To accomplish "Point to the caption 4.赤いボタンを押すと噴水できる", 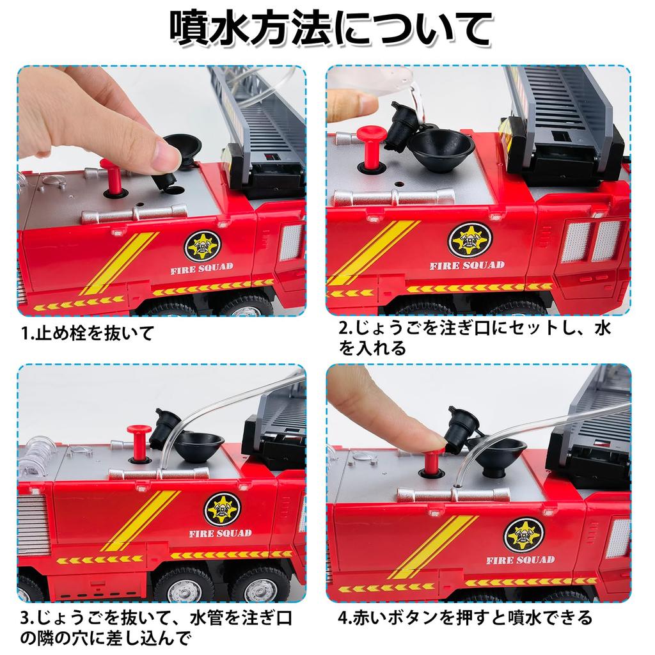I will (x=465, y=618).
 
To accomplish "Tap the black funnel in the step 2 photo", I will (x=441, y=146).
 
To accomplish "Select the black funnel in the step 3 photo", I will (x=200, y=445).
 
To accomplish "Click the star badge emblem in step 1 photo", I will (x=202, y=246).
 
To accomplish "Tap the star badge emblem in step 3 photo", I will (x=222, y=509).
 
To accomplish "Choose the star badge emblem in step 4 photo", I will (x=523, y=535).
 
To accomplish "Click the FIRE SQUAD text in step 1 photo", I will (x=201, y=267).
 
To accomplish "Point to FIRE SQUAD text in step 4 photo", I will (x=520, y=560).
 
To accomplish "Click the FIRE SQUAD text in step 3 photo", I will (x=220, y=533).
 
